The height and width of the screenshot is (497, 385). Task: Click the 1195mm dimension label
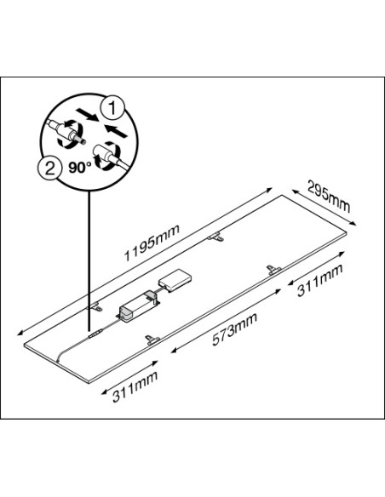(152, 243)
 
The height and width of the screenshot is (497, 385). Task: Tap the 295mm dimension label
(329, 196)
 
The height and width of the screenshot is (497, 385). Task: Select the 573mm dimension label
(235, 329)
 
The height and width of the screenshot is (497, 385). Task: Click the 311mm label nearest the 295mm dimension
(320, 280)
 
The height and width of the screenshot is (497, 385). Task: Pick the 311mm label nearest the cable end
(135, 386)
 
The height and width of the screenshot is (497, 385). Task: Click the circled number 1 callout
(112, 107)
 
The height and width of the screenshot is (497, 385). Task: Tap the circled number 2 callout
(49, 169)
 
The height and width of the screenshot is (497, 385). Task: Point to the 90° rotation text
(79, 168)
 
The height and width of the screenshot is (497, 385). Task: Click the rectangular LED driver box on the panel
(138, 306)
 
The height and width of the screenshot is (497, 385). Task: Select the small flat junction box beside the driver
(175, 280)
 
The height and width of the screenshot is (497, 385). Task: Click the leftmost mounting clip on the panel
(95, 307)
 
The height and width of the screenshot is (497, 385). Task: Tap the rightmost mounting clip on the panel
(273, 270)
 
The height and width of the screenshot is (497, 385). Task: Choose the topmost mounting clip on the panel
(215, 237)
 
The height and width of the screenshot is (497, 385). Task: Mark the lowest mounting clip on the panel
(152, 340)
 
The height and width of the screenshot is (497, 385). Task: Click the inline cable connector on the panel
(95, 334)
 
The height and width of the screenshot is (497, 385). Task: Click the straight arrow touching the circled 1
(86, 115)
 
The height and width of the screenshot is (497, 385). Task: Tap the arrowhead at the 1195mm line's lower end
(20, 332)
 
